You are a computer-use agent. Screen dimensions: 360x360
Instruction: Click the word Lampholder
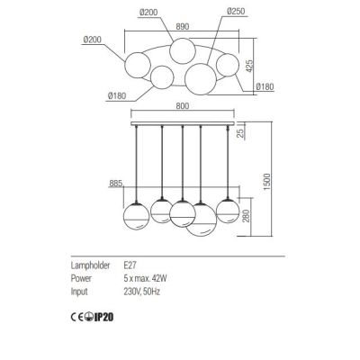click(91, 267)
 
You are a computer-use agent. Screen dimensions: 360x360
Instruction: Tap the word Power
click(82, 279)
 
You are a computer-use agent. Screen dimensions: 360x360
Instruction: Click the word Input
click(80, 291)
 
